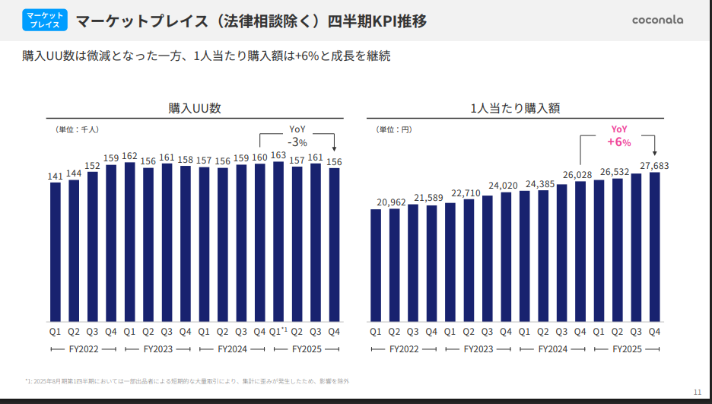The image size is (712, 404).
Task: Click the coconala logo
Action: click(x=657, y=20)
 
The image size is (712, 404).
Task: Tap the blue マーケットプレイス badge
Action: click(x=45, y=21)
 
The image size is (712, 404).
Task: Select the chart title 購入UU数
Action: click(x=195, y=108)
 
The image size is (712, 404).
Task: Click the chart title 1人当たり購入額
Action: click(x=515, y=108)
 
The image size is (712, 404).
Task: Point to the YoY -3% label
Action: click(x=297, y=136)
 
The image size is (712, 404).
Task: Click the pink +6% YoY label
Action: click(x=618, y=136)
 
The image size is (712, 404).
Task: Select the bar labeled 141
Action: click(x=56, y=251)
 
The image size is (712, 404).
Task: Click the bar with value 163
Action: click(x=278, y=241)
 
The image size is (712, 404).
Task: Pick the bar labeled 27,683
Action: click(x=653, y=247)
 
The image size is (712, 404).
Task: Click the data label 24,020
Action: click(x=503, y=185)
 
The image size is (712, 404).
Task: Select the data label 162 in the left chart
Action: click(x=129, y=156)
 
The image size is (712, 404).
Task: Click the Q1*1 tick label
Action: click(x=278, y=331)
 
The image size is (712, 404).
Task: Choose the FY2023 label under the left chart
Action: click(x=157, y=348)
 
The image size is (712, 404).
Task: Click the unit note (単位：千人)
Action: click(x=78, y=129)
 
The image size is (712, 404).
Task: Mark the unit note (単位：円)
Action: click(x=394, y=129)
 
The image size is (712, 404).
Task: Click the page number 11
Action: click(x=698, y=392)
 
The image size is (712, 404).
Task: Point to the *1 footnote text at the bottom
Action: click(x=186, y=380)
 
